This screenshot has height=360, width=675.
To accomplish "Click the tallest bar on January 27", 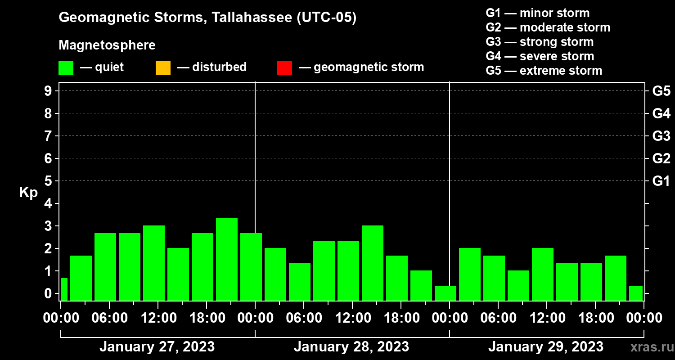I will tap(227, 259).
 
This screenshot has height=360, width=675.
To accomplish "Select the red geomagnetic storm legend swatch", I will tap(284, 67).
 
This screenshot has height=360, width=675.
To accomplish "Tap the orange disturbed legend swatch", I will tap(163, 67).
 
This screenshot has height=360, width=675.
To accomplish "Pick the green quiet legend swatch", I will tap(66, 67).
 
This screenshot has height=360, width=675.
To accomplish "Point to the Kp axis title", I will tap(28, 193).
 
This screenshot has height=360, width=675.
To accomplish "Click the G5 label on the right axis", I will tap(661, 91).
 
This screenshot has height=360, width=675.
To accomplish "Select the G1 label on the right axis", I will tap(661, 181).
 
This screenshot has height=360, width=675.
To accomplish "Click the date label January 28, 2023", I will tap(351, 347).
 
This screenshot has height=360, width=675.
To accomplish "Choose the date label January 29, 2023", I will tap(546, 347).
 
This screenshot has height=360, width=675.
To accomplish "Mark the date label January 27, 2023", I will tap(157, 347).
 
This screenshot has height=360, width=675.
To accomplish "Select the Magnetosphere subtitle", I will tap(107, 45).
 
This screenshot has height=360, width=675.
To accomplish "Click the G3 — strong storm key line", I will tap(540, 42).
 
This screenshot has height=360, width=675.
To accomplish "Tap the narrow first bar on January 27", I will tap(64, 289).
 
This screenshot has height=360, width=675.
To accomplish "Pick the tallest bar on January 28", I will tap(373, 262).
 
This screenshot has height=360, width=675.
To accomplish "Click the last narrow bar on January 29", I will tap(635, 292).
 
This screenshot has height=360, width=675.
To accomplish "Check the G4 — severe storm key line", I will tap(540, 56).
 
